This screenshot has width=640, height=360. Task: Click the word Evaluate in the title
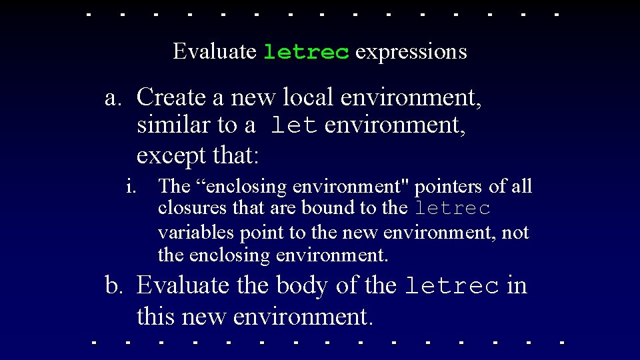tap(214, 51)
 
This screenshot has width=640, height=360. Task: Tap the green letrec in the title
tap(306, 52)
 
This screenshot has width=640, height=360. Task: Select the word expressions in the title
tap(411, 52)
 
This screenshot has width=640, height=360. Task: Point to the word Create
tap(171, 97)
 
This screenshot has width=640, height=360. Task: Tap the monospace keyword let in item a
tap(294, 125)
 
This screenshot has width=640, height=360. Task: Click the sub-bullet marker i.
tap(131, 187)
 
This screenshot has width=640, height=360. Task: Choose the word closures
tap(193, 209)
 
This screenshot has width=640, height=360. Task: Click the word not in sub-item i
tap(516, 233)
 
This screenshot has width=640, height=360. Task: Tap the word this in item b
tap(154, 316)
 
